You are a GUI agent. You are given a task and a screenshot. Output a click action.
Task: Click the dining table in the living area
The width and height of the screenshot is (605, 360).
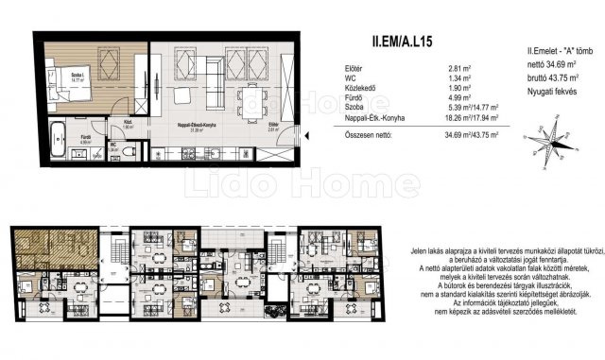click(251, 100)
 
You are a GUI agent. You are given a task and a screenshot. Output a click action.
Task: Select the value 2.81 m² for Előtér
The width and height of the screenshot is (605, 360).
click(460, 69)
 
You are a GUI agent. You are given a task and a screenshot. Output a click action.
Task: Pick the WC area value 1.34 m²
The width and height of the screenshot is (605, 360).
click(460, 81)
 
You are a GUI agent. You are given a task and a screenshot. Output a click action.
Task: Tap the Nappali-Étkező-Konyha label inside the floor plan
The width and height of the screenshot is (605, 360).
click(199, 124)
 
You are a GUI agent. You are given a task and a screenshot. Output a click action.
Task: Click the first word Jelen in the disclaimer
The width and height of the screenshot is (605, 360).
click(418, 250)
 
